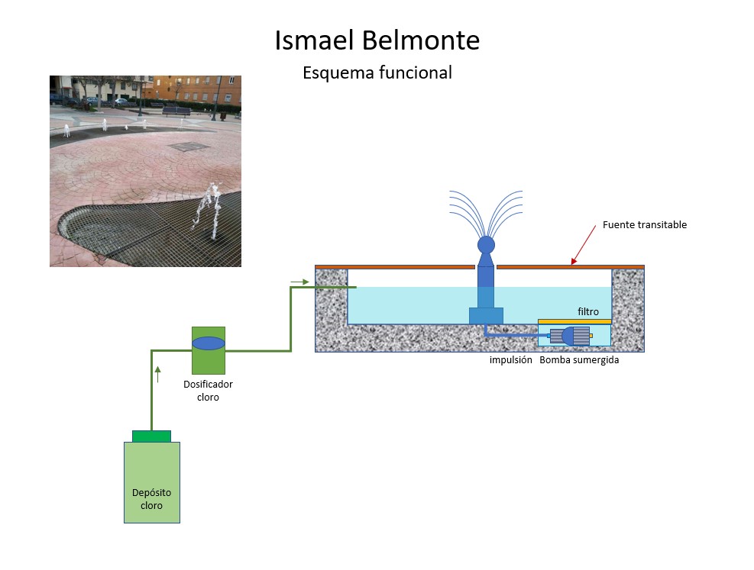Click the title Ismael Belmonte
point(377,40)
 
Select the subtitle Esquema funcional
point(377,72)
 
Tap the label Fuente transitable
point(644,225)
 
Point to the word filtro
point(587,311)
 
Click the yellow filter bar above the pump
point(574,322)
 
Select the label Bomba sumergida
point(579,360)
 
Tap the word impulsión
point(510,360)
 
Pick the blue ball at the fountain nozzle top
point(486,245)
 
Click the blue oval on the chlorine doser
point(209,343)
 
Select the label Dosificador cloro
point(208,391)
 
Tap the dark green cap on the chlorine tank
point(151,436)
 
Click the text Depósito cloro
point(151,499)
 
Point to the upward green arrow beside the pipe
point(158,374)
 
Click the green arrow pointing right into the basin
point(299,282)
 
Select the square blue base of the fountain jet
point(486,315)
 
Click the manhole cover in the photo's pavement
point(188,147)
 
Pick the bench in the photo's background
point(176,111)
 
